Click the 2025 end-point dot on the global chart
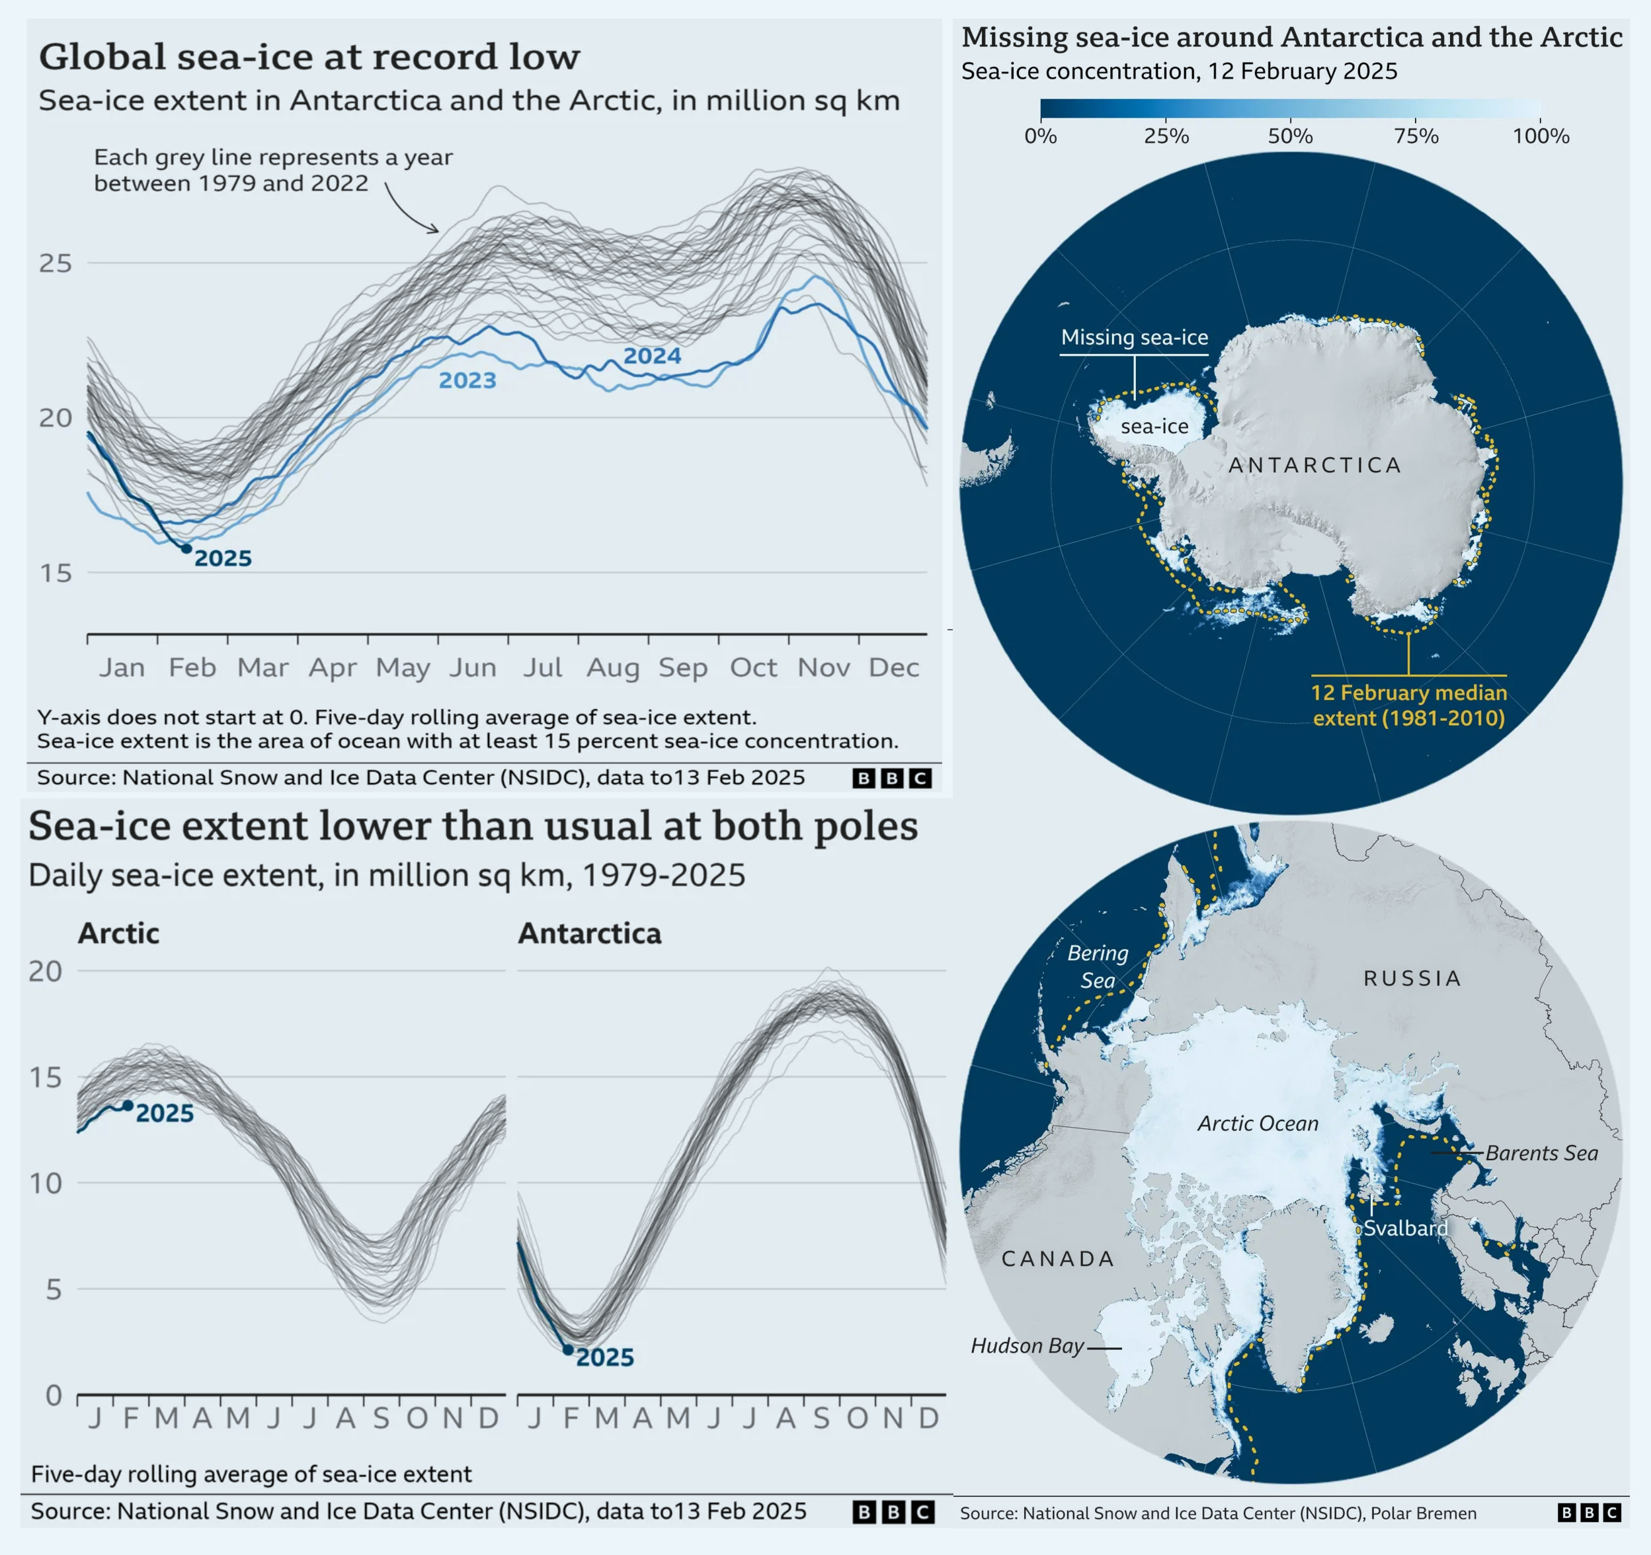click(186, 548)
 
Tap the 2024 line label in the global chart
click(652, 357)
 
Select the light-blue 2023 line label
click(467, 380)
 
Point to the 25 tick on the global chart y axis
click(56, 263)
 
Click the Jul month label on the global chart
click(542, 667)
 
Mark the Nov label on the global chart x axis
click(823, 667)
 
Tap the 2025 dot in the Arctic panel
click(128, 1106)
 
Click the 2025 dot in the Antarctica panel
click(568, 1350)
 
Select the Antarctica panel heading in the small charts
click(590, 934)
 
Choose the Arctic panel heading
click(119, 934)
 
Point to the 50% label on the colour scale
click(1290, 136)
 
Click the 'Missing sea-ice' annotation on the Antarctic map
click(1135, 337)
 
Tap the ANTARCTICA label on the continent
click(1314, 465)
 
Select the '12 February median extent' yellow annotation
click(1408, 704)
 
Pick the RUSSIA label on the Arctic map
click(1412, 978)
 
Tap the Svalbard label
click(1405, 1228)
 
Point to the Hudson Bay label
click(1027, 1346)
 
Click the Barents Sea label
click(1541, 1153)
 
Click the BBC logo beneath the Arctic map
click(1589, 1513)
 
